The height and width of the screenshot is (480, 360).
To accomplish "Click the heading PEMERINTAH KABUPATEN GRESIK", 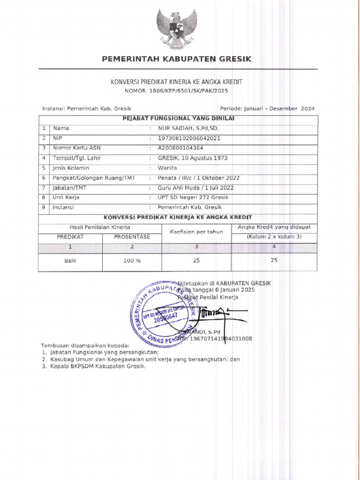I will click(177, 59).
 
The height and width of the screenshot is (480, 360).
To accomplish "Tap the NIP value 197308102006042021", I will click(189, 138).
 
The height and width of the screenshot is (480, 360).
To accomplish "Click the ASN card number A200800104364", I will click(180, 148).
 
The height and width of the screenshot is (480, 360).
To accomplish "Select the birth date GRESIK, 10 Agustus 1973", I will click(193, 158).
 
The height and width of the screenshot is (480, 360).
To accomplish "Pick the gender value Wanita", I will click(167, 168).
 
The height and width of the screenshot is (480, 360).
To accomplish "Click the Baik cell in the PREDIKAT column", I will click(70, 261).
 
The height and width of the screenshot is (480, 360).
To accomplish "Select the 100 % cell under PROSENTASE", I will click(132, 261).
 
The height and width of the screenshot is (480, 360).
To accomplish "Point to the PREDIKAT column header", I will click(70, 237).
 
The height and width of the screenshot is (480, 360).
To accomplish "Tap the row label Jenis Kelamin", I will click(71, 168).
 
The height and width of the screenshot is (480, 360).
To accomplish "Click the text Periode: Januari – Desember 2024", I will click(264, 108).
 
